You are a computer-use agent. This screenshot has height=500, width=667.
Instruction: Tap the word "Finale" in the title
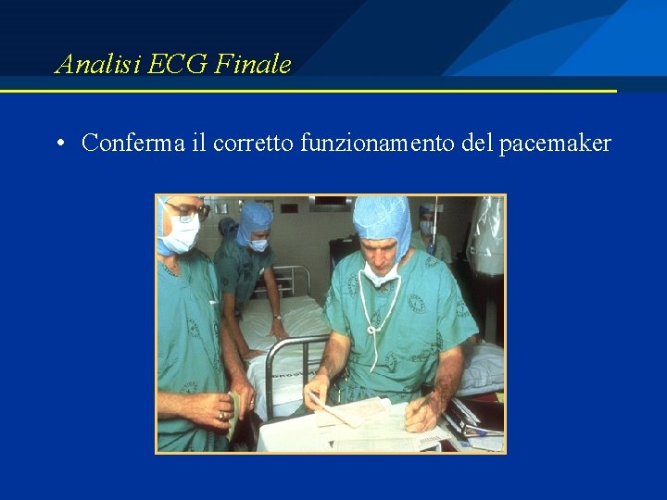[253, 65]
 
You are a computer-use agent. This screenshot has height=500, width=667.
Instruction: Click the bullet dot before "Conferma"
[58, 144]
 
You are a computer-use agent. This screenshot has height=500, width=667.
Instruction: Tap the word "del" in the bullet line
[478, 144]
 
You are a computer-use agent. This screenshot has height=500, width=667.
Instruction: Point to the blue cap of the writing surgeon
[381, 219]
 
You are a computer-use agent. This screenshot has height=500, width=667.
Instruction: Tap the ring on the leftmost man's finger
[221, 416]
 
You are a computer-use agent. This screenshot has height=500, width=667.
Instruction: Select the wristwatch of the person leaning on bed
[277, 317]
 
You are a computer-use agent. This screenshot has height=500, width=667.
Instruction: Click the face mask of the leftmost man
[181, 236]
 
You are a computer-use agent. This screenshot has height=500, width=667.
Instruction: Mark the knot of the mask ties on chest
[374, 328]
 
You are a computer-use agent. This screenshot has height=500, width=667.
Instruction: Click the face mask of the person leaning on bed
[258, 244]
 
